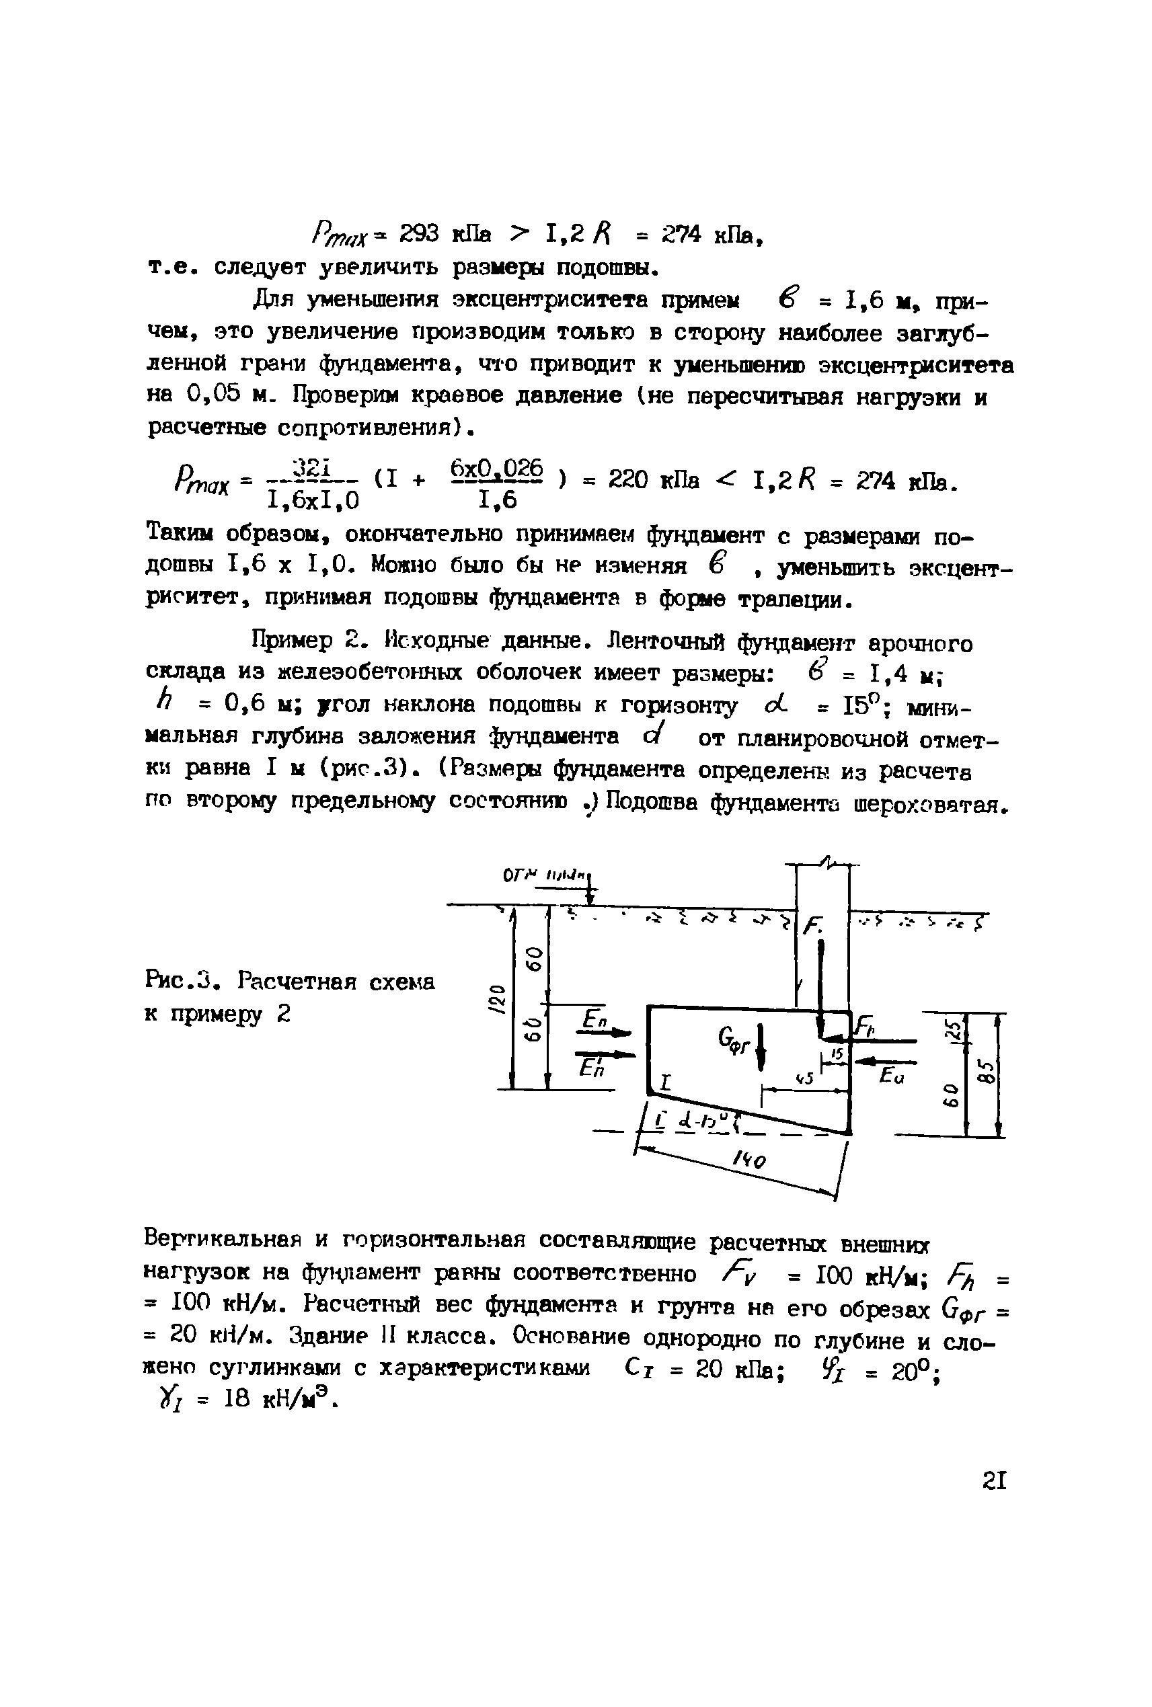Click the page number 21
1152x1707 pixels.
(x=993, y=1480)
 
